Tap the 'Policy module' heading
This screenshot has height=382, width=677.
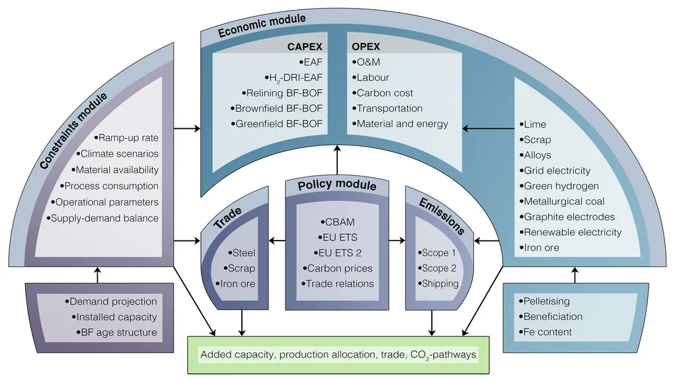point(337,186)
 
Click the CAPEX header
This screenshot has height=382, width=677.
point(305,46)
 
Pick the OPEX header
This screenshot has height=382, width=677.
point(365,46)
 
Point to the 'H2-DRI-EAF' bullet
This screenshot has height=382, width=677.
point(294,77)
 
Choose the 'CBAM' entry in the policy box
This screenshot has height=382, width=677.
point(340,221)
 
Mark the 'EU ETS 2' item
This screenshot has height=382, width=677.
point(340,252)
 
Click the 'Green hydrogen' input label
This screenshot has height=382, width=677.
point(559,186)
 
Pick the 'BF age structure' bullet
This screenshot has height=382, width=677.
point(116,332)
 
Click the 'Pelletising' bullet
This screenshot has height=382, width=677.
point(546,301)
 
